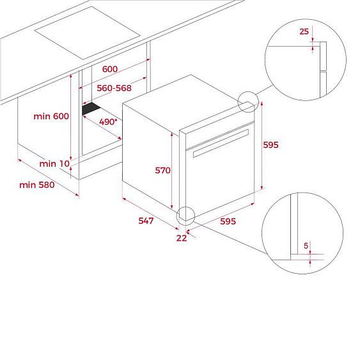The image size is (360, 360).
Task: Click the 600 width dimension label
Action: tap(110, 69)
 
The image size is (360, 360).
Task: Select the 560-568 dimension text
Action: tap(114, 88)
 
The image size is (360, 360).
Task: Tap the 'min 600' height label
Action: tap(51, 116)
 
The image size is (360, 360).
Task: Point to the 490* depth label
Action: tap(108, 121)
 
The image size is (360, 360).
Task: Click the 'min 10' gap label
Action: tap(54, 164)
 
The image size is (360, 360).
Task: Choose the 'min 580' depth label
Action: tap(37, 185)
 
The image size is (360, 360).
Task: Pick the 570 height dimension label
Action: tap(163, 170)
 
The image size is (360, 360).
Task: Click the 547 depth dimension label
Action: tap(146, 221)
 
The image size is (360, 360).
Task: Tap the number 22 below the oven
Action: tap(182, 238)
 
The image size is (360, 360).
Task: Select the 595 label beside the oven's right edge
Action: tap(270, 145)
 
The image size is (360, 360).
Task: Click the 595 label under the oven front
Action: tap(228, 221)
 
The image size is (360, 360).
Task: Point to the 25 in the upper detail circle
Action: tap(304, 31)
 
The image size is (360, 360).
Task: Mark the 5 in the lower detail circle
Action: tap(306, 246)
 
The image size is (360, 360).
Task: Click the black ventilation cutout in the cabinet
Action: tap(91, 108)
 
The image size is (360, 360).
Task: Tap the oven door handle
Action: tap(221, 143)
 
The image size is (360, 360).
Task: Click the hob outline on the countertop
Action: tap(87, 33)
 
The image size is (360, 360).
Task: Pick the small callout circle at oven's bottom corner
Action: tap(176, 216)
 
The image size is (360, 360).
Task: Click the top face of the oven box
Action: tap(188, 104)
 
